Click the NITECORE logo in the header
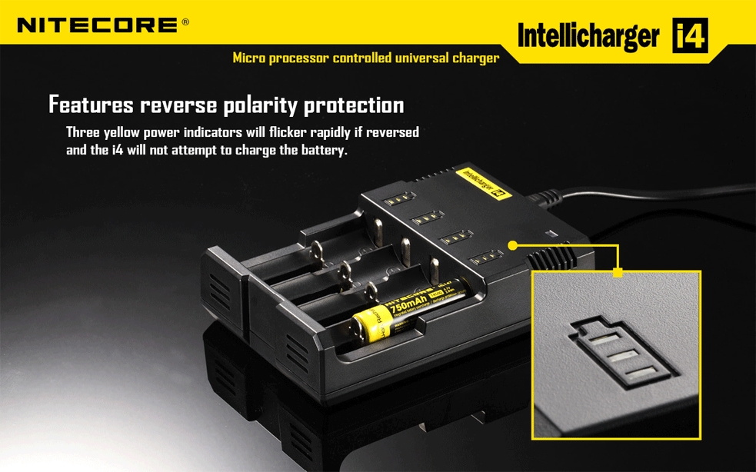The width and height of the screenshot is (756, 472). pos(98,25)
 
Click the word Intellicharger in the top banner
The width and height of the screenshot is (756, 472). pos(588,36)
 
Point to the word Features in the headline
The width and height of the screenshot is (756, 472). pos(91,105)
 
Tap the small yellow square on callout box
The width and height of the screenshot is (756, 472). pos(618,271)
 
